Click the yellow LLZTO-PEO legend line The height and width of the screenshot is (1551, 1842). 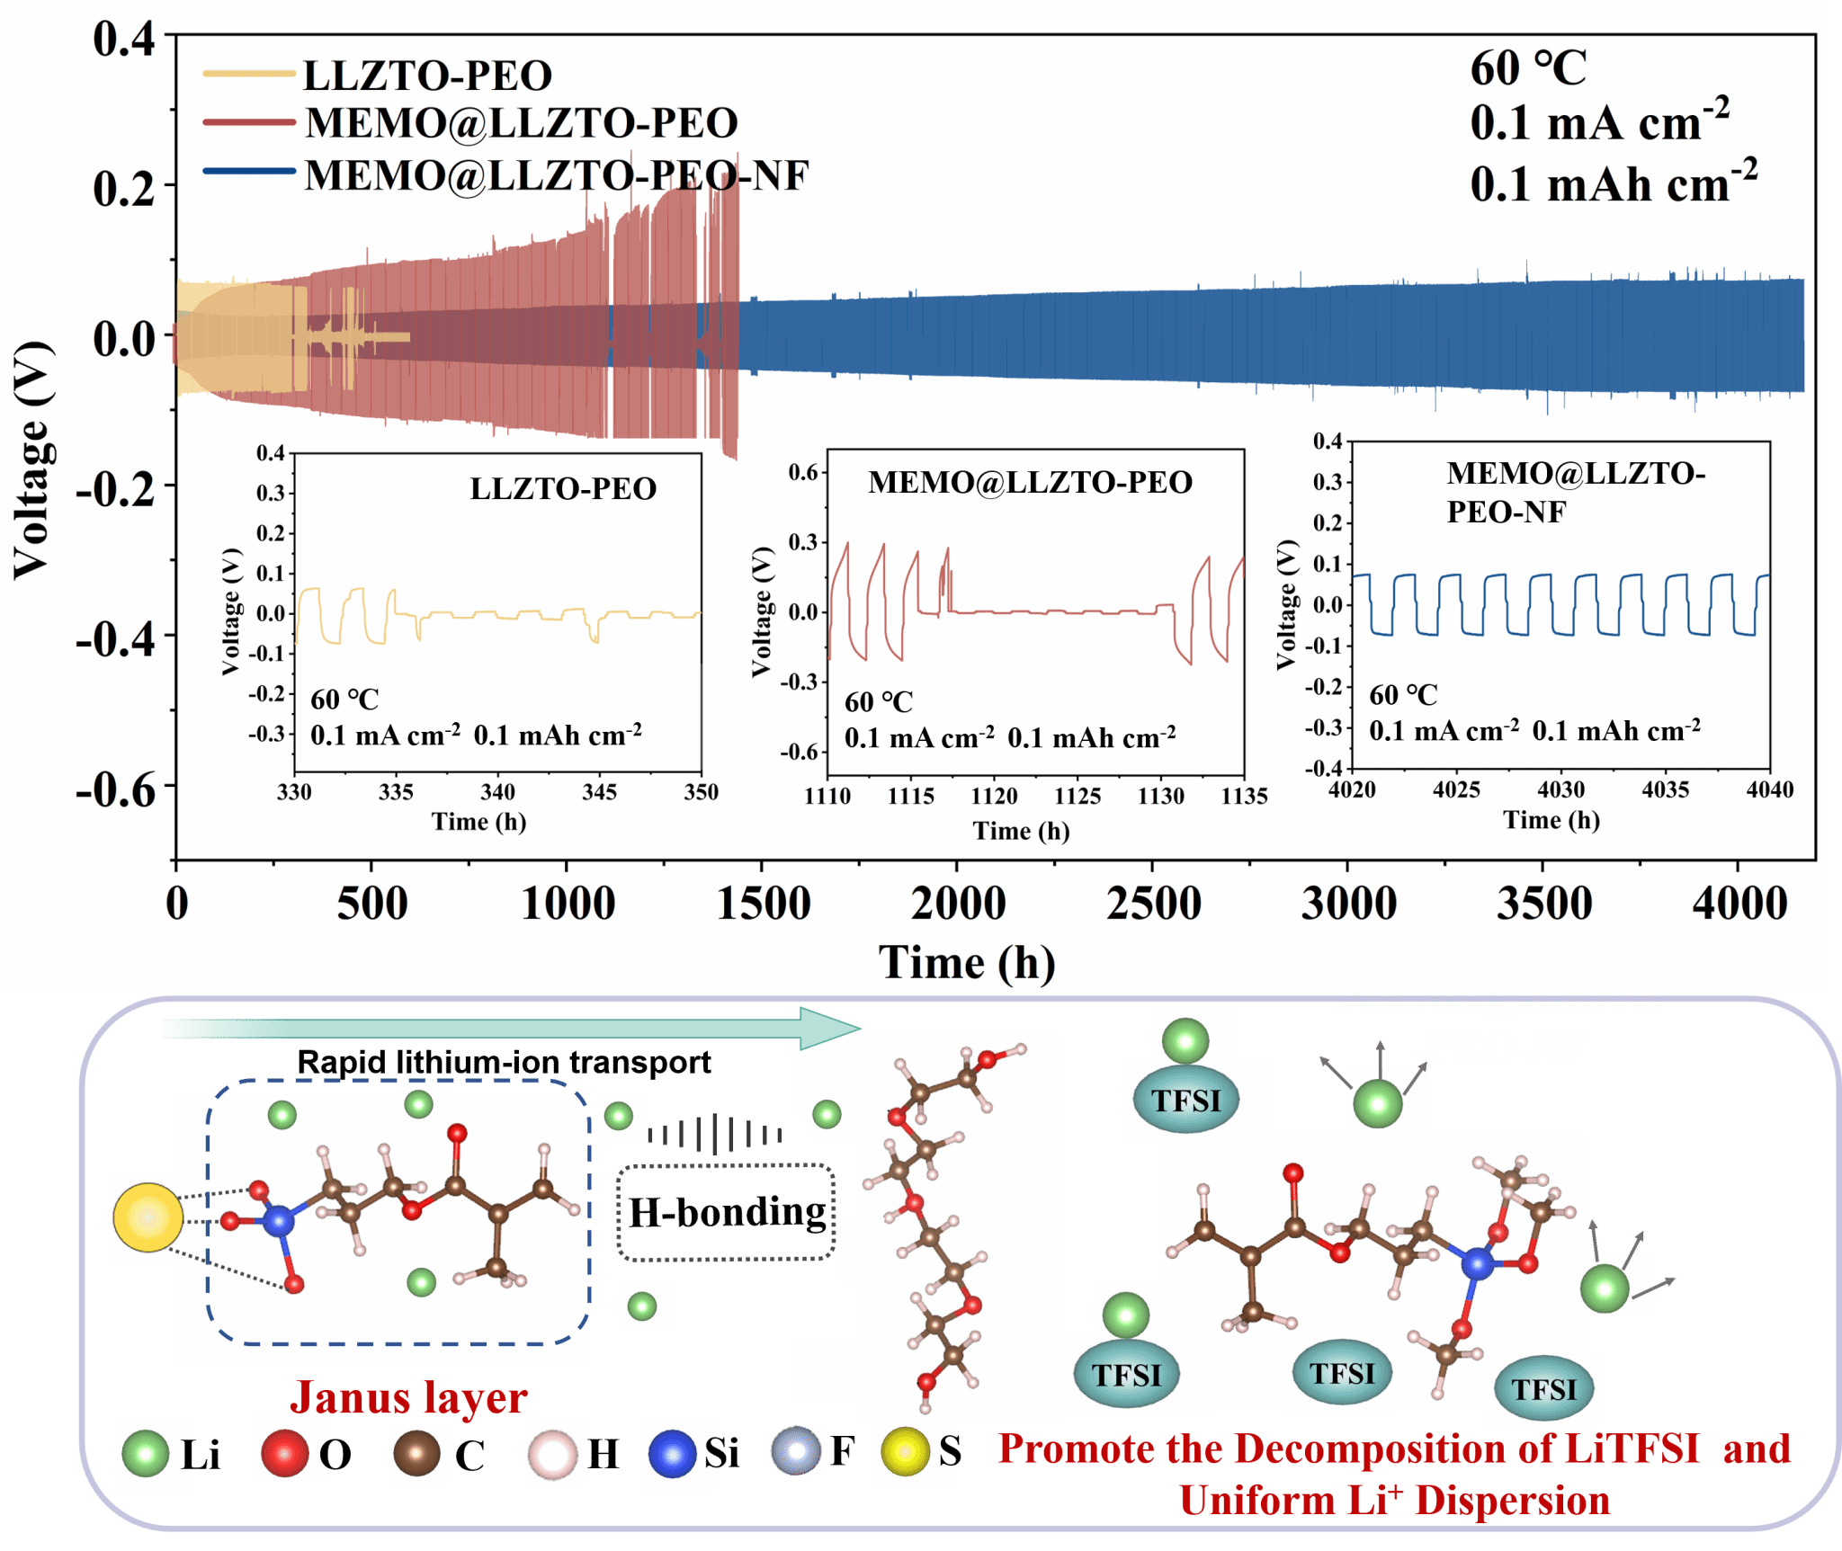(249, 74)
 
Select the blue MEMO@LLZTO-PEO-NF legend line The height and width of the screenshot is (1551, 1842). (249, 172)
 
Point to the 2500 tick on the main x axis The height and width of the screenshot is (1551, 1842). (1153, 903)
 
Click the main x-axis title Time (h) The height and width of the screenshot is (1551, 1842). (967, 963)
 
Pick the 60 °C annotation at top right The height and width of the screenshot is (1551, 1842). (1528, 68)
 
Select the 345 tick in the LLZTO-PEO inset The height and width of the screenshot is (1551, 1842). (599, 792)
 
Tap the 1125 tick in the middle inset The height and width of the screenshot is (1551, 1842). (1077, 796)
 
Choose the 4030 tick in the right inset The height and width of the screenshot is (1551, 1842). (1560, 789)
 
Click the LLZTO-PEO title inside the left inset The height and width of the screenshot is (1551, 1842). (563, 489)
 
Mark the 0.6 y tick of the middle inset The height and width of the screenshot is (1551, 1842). (802, 473)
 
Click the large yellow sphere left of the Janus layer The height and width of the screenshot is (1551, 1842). (148, 1217)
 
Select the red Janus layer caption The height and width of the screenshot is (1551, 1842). (408, 1397)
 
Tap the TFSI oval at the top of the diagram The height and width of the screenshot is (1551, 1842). (1186, 1101)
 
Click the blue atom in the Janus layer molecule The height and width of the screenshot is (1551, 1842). (278, 1220)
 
